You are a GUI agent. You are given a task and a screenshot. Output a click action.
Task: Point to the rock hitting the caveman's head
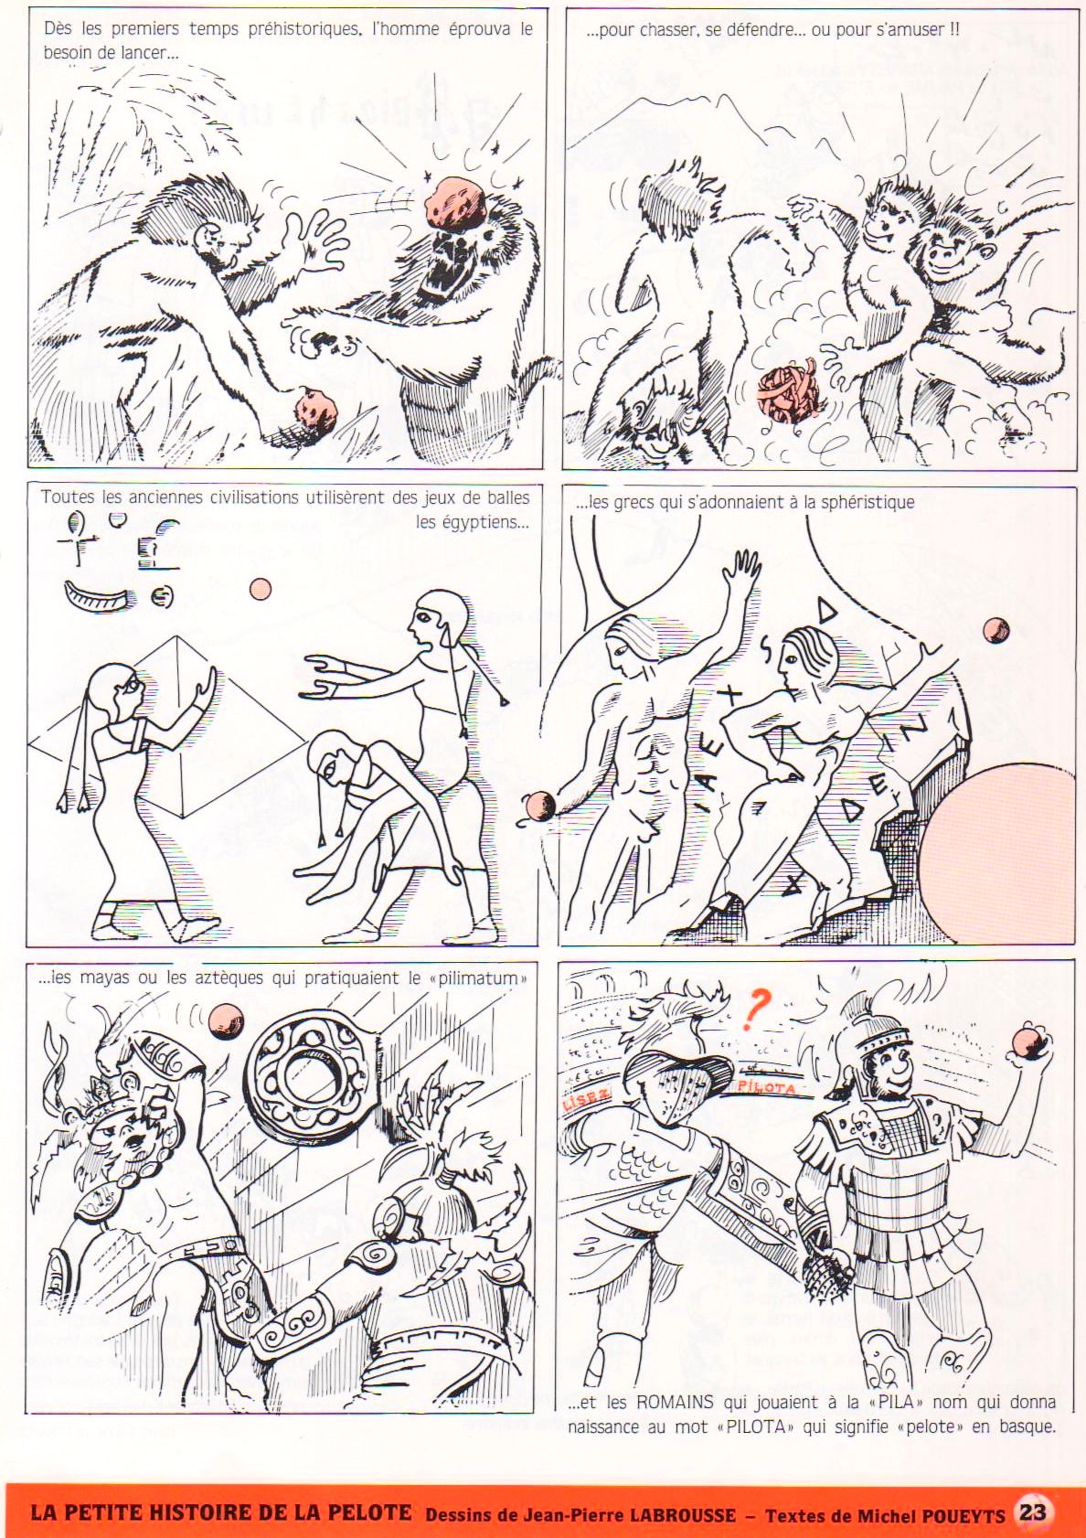(453, 203)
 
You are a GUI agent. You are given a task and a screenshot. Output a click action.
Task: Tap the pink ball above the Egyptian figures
(261, 589)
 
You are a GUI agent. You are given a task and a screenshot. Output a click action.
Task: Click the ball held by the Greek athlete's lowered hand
(538, 804)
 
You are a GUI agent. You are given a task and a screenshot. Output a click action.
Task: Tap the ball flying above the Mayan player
(226, 1017)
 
